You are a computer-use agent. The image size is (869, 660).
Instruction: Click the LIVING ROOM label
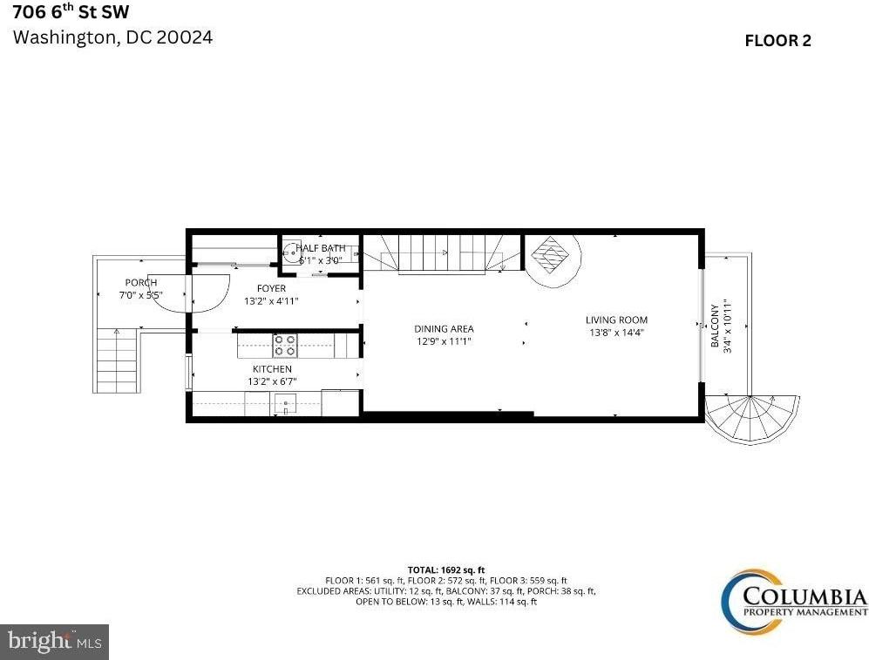[x=616, y=320]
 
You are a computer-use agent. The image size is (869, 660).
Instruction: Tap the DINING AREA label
[x=444, y=329]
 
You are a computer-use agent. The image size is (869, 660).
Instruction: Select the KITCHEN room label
[x=272, y=369]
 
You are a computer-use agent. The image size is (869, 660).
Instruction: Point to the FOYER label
[x=272, y=288]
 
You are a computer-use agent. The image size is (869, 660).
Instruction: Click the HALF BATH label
[x=321, y=248]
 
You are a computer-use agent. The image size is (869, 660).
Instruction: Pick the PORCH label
[x=141, y=283]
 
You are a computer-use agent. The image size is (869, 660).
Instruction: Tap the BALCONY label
[x=715, y=326]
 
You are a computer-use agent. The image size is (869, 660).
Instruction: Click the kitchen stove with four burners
[x=285, y=346]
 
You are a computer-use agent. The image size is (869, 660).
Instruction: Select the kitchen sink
[x=285, y=404]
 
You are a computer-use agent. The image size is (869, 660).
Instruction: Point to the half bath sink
[x=290, y=253]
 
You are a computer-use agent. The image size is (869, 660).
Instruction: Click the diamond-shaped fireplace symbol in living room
[x=550, y=255]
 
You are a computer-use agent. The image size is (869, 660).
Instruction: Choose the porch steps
[x=117, y=360]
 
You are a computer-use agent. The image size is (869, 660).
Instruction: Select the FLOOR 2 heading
[x=777, y=40]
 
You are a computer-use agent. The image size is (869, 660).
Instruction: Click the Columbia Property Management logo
[x=794, y=602]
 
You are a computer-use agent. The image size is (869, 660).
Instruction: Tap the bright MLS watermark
[x=54, y=642]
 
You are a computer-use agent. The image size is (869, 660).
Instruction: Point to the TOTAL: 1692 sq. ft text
[x=446, y=569]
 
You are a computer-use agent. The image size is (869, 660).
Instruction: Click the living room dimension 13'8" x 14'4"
[x=616, y=333]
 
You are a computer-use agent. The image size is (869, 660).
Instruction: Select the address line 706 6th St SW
[x=71, y=11]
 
